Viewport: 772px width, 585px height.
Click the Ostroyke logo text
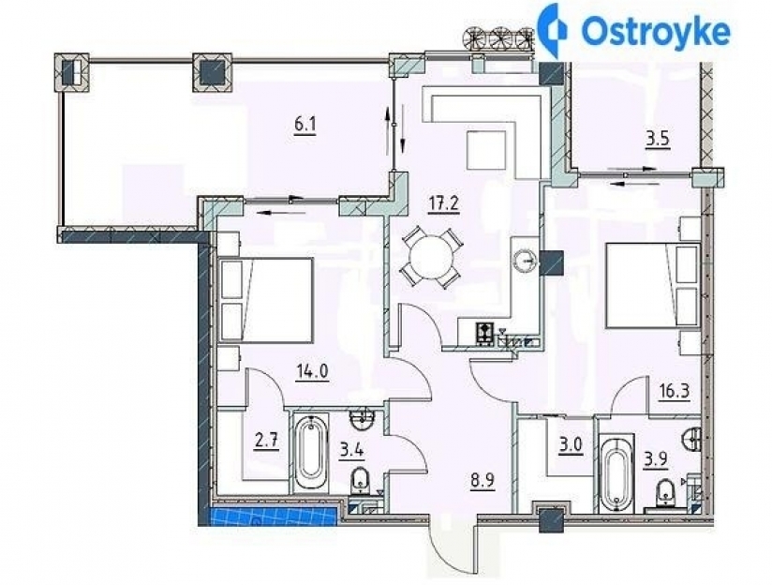pyautogui.click(x=655, y=32)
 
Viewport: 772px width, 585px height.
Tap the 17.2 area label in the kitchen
pyautogui.click(x=443, y=202)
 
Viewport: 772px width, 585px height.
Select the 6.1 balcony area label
pyautogui.click(x=304, y=126)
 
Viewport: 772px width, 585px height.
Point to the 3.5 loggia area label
pyautogui.click(x=658, y=139)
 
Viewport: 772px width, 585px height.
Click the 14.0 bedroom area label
pyautogui.click(x=313, y=370)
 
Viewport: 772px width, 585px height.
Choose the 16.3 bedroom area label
pyautogui.click(x=674, y=391)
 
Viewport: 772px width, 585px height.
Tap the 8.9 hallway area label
pyautogui.click(x=482, y=480)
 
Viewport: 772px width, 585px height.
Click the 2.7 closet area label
pyautogui.click(x=266, y=440)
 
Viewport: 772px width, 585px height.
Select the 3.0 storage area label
pyautogui.click(x=571, y=444)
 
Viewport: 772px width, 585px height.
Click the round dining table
pyautogui.click(x=430, y=257)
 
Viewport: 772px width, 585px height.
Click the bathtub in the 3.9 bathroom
pyautogui.click(x=616, y=473)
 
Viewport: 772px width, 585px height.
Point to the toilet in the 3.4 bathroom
pyautogui.click(x=362, y=481)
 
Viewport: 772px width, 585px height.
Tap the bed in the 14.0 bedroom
pyautogui.click(x=266, y=300)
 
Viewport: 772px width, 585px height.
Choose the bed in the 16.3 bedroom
pyautogui.click(x=653, y=284)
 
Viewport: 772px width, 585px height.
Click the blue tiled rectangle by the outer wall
pyautogui.click(x=275, y=517)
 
